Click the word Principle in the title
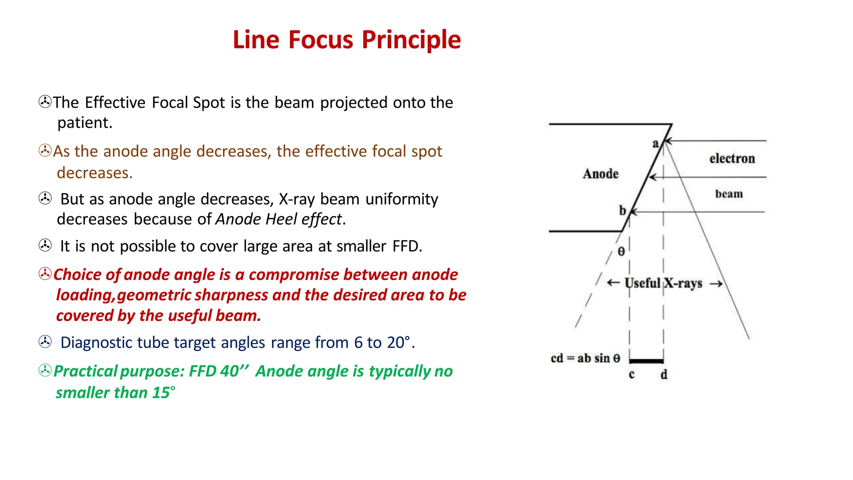(411, 40)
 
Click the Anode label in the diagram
(601, 174)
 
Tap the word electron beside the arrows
(732, 159)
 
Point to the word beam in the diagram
(729, 194)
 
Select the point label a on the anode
(656, 144)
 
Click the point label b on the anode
(622, 210)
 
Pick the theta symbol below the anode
(621, 251)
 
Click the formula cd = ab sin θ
(585, 358)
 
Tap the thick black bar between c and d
(646, 361)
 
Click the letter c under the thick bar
(631, 375)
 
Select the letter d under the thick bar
(664, 375)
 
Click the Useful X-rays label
(663, 283)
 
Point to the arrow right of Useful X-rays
(716, 284)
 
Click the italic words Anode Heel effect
(279, 219)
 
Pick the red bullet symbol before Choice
(45, 274)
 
